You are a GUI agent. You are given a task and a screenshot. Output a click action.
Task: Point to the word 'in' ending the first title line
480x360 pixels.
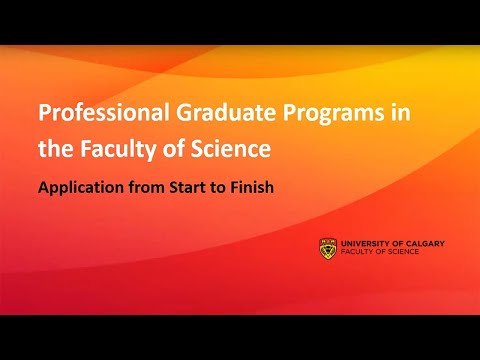(400, 112)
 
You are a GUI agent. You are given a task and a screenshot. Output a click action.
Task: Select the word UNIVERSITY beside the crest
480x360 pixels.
(366, 242)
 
